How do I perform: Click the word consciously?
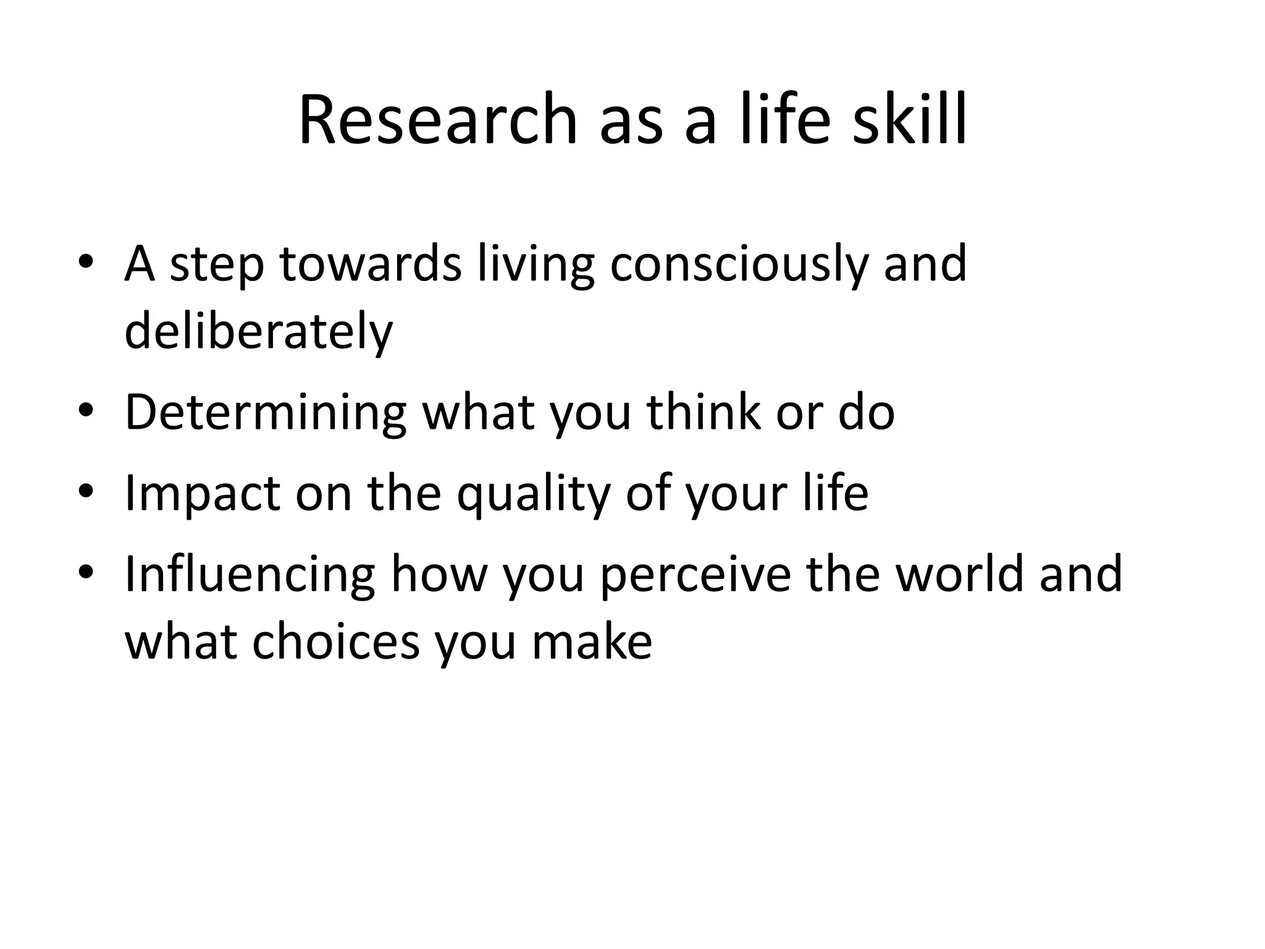[738, 264]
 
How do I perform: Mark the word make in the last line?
[591, 641]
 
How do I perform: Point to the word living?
[535, 264]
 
